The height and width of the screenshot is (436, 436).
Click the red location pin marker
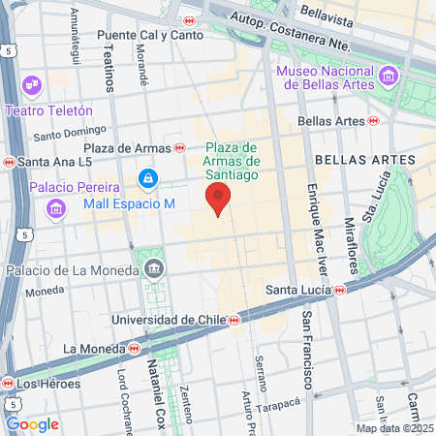(x=219, y=199)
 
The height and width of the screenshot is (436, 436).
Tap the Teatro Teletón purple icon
(x=32, y=84)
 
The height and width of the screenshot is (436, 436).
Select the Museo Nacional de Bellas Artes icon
(x=389, y=76)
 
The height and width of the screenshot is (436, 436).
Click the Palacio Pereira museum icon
(x=55, y=208)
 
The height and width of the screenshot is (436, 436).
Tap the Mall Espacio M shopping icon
(x=148, y=178)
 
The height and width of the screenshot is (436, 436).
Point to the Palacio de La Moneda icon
(x=152, y=268)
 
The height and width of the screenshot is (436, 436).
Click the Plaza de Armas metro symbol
(x=180, y=147)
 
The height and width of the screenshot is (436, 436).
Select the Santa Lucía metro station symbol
(x=340, y=289)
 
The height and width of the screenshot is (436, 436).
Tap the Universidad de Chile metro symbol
(x=233, y=319)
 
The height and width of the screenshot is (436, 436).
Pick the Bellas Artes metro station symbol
(x=374, y=121)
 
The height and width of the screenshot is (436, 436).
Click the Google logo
(x=32, y=423)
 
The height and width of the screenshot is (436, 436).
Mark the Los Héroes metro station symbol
(x=10, y=384)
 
